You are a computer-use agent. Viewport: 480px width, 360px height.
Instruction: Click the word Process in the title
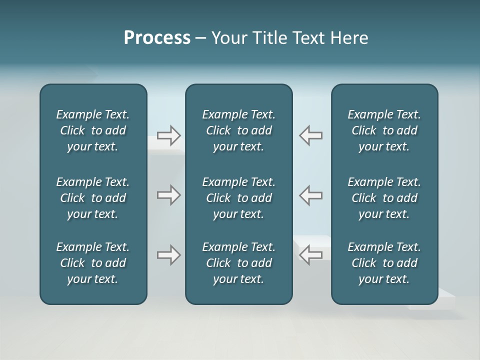(157, 38)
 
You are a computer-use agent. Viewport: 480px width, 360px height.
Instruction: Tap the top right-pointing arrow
(169, 135)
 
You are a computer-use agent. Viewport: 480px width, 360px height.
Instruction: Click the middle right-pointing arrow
(169, 195)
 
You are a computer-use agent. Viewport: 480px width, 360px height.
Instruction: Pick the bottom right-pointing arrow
(169, 255)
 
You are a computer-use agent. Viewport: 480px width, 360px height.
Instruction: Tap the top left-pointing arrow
(310, 135)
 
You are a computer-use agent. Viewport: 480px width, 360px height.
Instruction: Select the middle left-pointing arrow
(310, 195)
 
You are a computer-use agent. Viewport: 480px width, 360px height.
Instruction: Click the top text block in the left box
(93, 130)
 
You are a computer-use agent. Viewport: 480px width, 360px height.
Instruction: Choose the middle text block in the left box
(93, 198)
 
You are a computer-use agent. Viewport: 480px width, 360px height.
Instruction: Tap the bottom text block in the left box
(93, 263)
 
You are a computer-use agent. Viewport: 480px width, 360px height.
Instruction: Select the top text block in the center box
(238, 130)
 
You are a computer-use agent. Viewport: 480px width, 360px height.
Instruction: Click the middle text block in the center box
(238, 198)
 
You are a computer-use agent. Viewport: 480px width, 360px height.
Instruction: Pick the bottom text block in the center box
(238, 263)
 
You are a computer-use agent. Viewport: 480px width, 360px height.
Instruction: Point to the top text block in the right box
(384, 130)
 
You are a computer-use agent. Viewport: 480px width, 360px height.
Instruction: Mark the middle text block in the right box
(384, 198)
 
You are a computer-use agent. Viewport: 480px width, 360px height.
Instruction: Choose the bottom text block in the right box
(384, 263)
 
